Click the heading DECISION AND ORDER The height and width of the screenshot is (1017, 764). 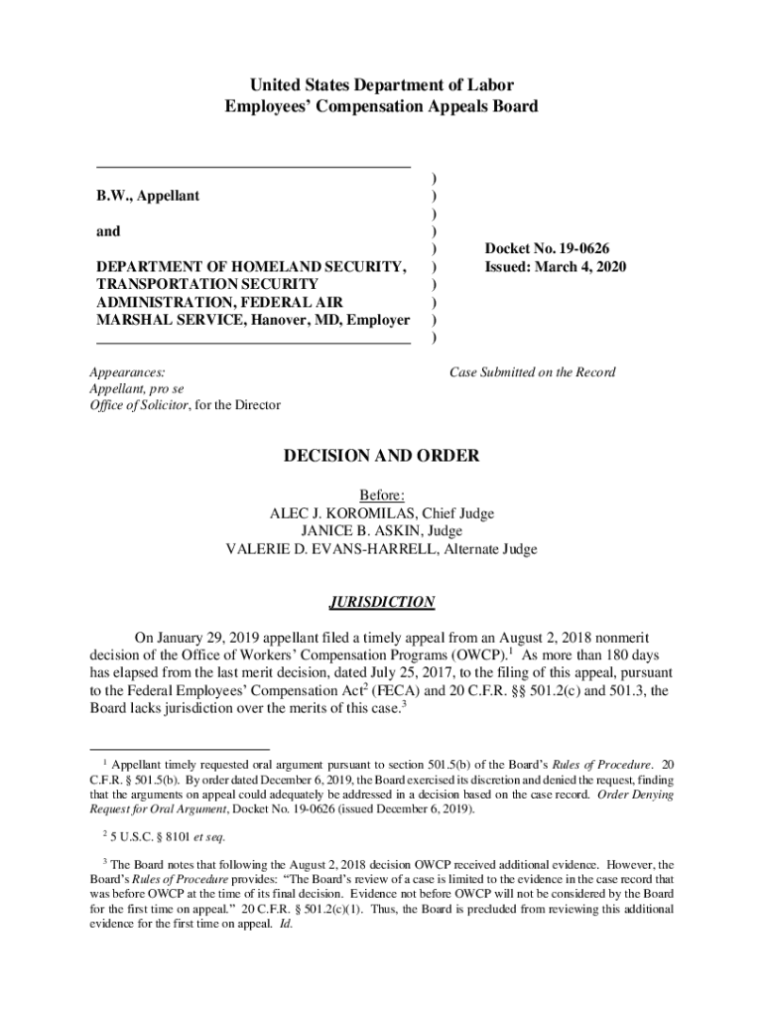coord(382,457)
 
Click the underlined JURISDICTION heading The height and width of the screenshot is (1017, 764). coord(382,602)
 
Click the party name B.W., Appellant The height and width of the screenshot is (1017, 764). coord(148,196)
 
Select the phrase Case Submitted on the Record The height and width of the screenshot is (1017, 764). coord(532,372)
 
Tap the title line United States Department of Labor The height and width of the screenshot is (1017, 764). coord(382,85)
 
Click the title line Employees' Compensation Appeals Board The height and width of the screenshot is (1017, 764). coord(382,106)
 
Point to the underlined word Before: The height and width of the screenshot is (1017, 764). coord(382,496)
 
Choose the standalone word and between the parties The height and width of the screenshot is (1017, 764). coord(107,231)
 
